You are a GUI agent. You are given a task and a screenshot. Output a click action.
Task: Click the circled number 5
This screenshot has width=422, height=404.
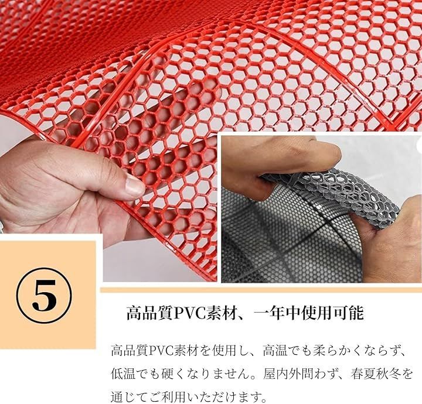(x=45, y=295)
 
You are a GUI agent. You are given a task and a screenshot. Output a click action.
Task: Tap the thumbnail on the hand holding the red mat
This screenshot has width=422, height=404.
(x=134, y=187)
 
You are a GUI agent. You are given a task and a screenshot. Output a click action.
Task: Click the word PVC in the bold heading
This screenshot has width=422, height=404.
(x=188, y=313)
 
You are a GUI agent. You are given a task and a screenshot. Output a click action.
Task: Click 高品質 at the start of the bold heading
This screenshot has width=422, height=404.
(x=149, y=313)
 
